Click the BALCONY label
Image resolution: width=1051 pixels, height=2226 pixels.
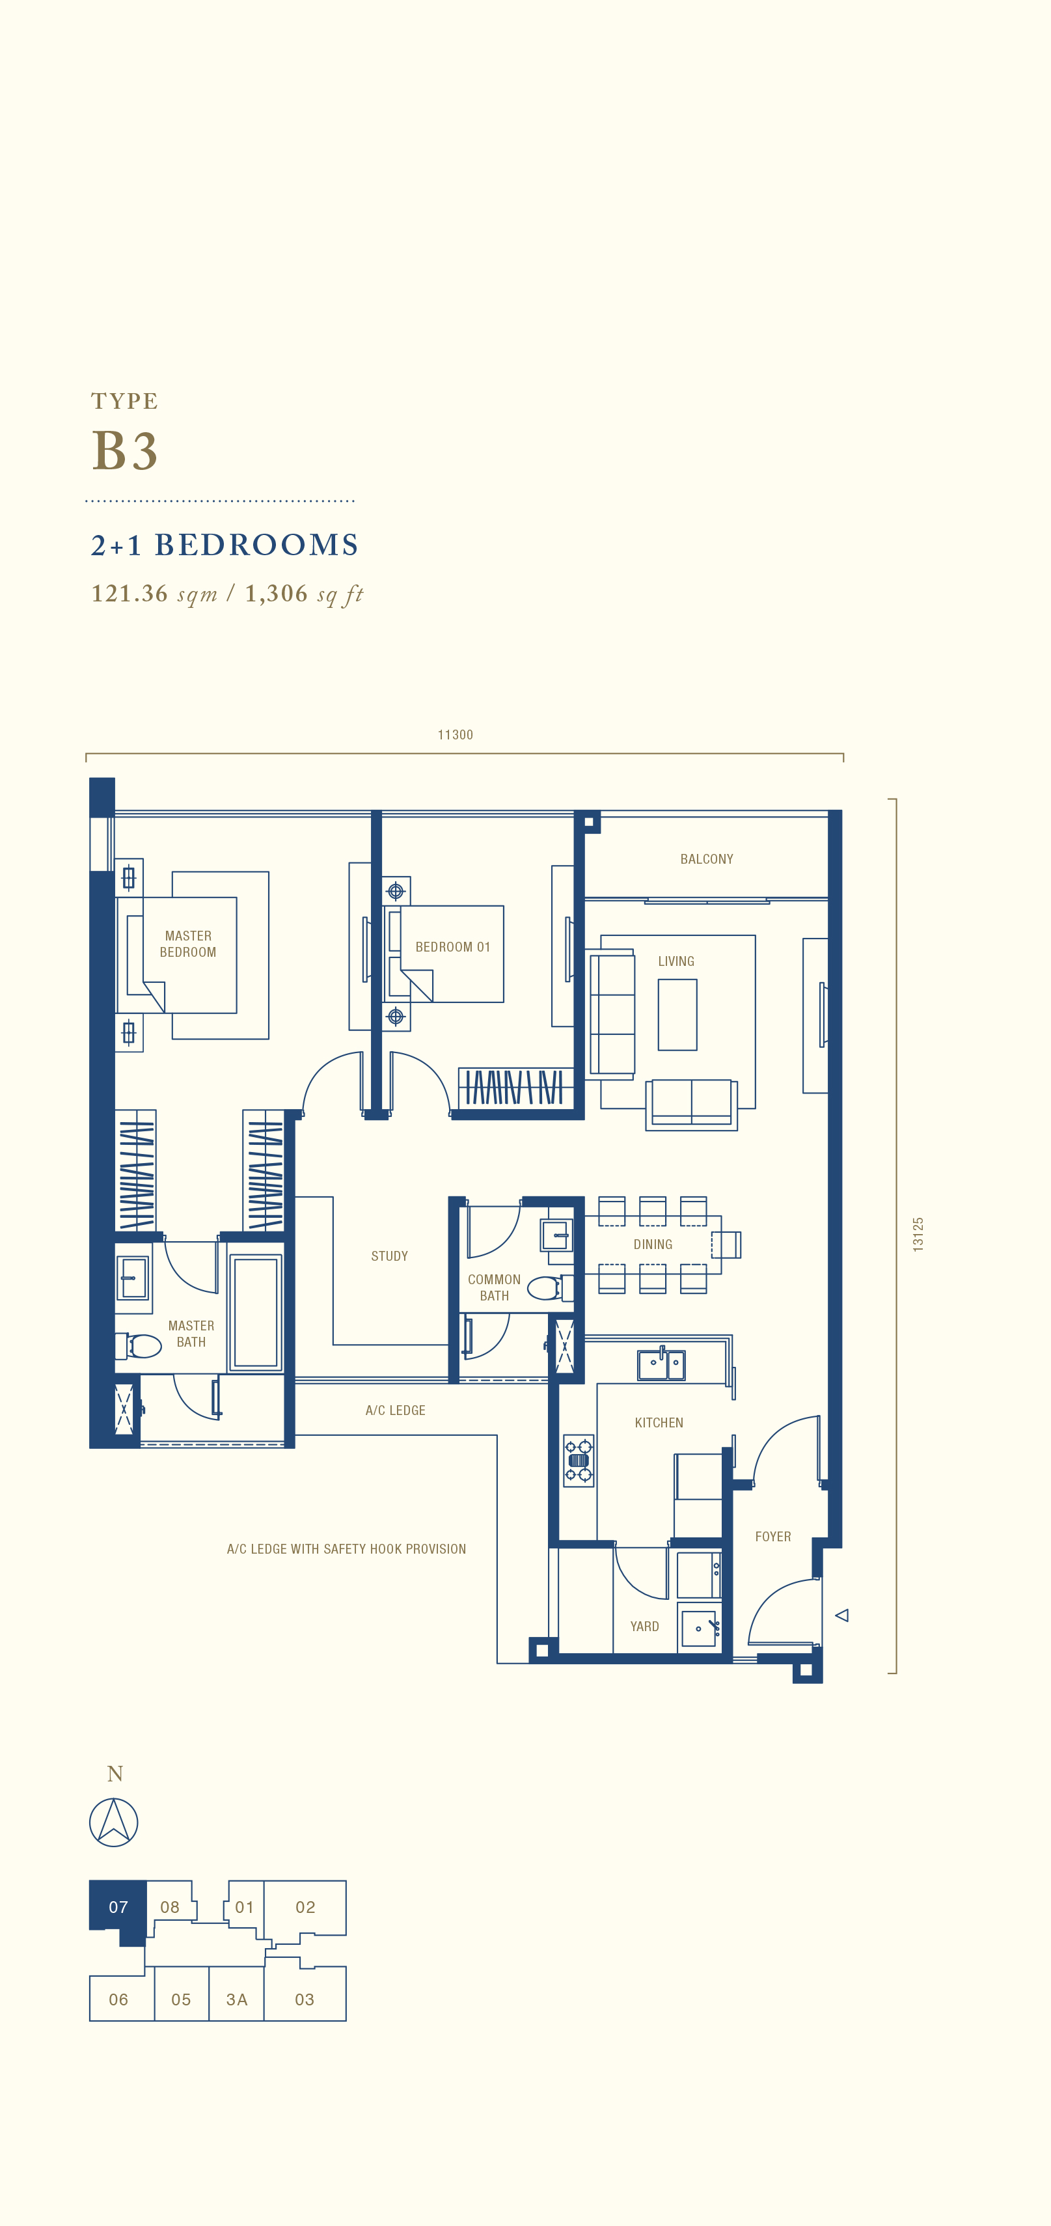(x=706, y=859)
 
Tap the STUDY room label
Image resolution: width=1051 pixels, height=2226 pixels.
(x=389, y=1256)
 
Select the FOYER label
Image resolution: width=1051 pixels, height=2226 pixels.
(x=772, y=1537)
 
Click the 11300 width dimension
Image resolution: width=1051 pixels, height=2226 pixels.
(x=456, y=734)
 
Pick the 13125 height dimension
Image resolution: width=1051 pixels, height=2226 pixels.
(x=918, y=1234)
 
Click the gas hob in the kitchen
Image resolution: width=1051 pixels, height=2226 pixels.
(x=579, y=1461)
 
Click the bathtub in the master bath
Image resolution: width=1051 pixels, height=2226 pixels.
(x=256, y=1312)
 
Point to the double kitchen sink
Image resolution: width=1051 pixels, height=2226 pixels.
(x=661, y=1364)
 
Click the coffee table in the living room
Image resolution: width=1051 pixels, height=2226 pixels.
(x=677, y=1015)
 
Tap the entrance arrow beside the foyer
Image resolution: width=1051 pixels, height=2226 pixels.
(x=842, y=1615)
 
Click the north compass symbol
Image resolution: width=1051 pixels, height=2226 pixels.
(x=114, y=1822)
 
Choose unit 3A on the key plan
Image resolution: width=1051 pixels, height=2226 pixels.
(x=236, y=1999)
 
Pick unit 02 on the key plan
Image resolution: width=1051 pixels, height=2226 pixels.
(x=305, y=1907)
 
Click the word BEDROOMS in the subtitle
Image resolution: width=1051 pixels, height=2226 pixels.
(x=256, y=545)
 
